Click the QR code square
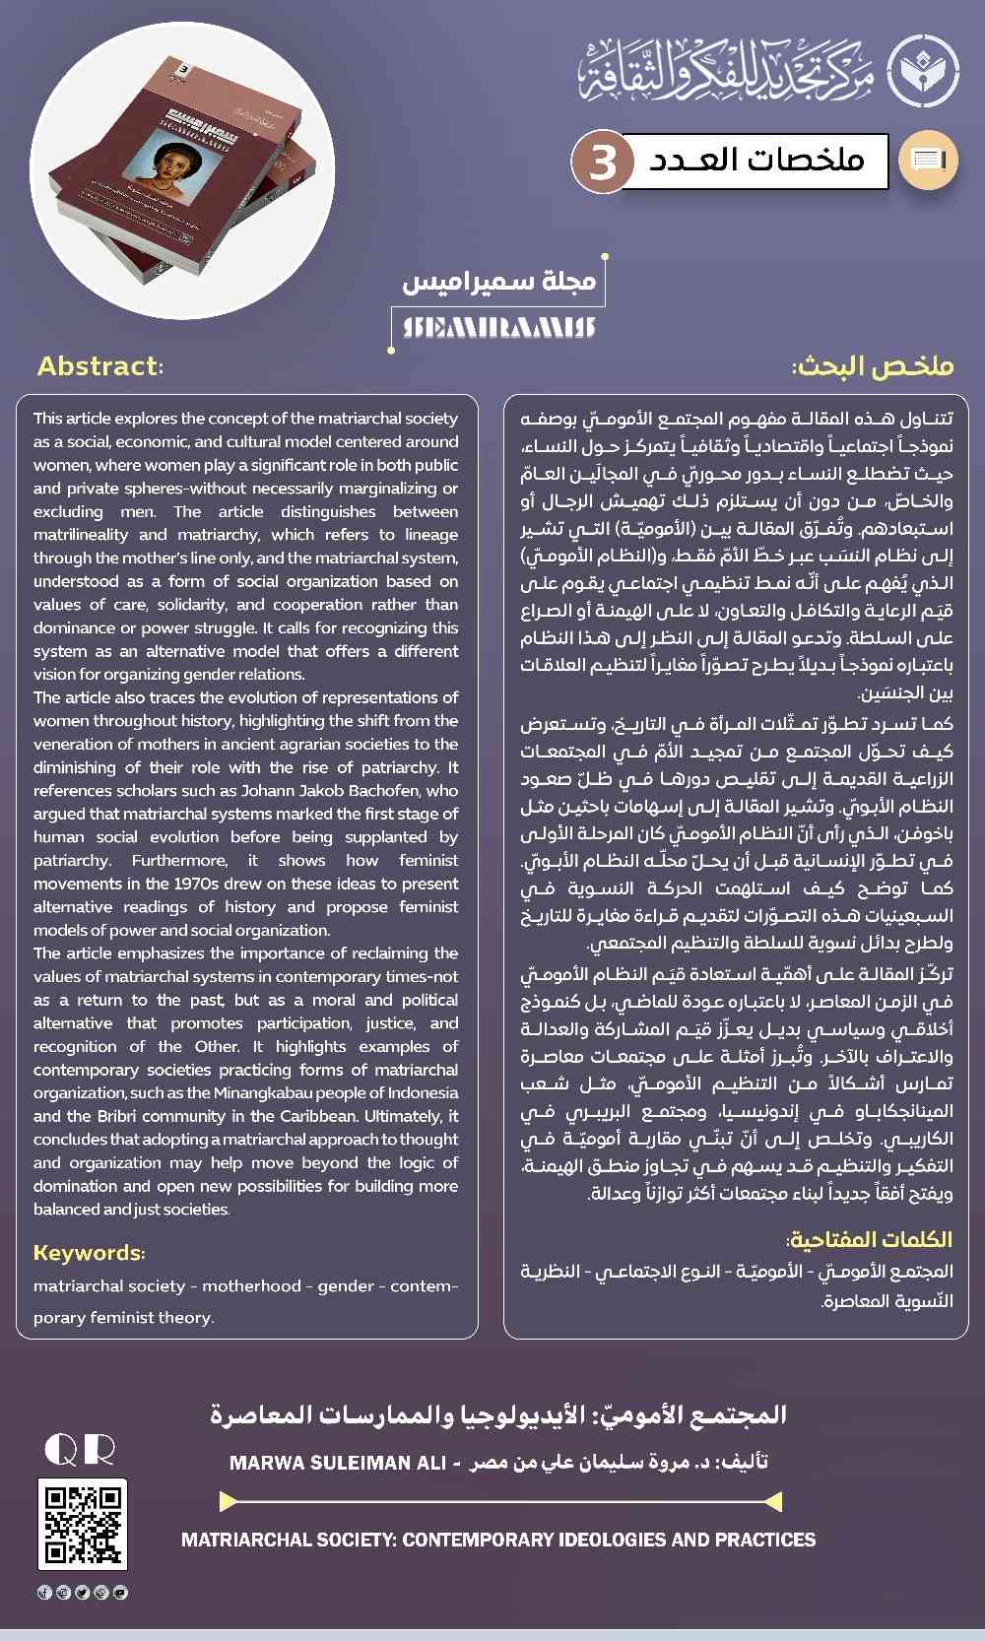83,1524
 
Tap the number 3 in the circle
602,161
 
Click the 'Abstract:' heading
100,366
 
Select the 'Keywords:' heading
89,1253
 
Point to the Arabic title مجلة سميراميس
499,281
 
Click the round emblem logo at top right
923,71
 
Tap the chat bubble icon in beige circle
928,160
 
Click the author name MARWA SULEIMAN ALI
338,1463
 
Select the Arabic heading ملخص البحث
873,366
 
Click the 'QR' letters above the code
80,1450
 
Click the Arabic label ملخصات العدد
756,160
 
